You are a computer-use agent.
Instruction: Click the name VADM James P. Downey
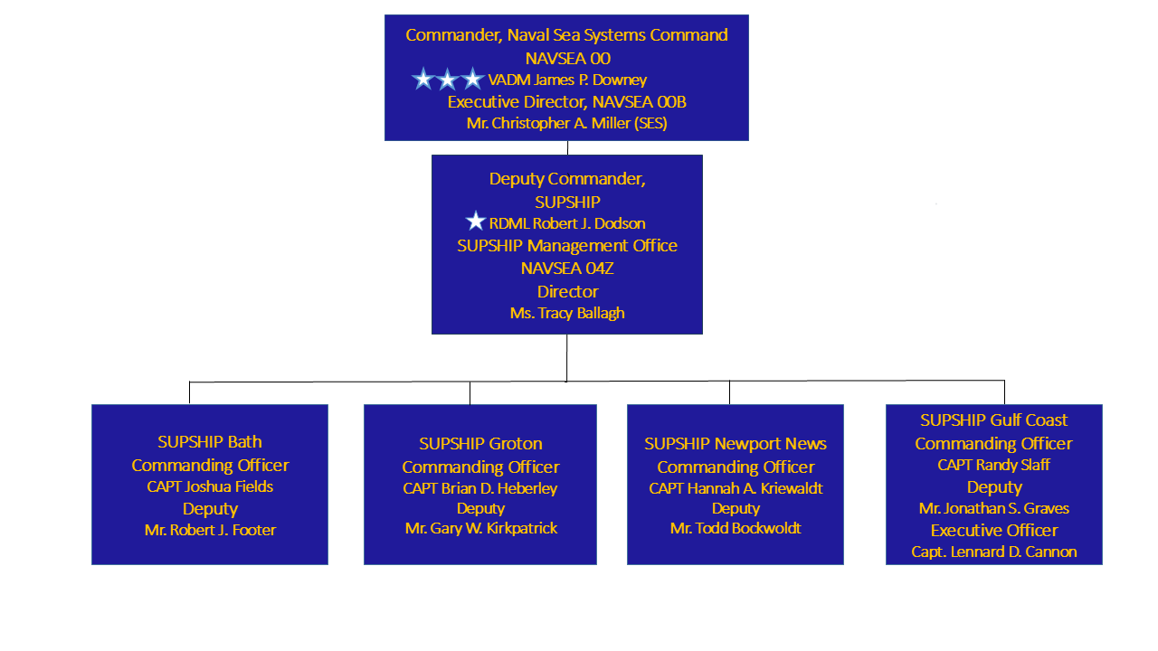click(567, 80)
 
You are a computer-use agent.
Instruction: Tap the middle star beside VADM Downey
click(448, 80)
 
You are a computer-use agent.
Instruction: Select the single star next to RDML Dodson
click(476, 222)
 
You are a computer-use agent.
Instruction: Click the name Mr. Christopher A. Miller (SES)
click(567, 123)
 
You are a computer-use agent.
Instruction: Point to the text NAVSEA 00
click(567, 58)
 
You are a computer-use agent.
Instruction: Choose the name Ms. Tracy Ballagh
click(567, 313)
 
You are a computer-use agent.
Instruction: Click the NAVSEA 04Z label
click(567, 269)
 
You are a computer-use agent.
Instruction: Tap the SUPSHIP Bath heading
click(210, 442)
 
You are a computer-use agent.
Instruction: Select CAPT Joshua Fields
click(210, 486)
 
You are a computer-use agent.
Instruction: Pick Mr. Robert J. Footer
click(210, 530)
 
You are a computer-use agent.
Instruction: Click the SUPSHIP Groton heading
click(480, 444)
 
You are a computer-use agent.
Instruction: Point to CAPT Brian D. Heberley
click(480, 488)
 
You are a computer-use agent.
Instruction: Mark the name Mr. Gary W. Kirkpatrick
click(480, 528)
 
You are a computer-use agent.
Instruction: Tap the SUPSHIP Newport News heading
click(736, 444)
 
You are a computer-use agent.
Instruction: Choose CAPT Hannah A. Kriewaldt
click(736, 488)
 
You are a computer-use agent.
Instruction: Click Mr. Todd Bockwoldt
click(736, 528)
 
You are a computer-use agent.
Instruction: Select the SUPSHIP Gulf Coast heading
click(993, 420)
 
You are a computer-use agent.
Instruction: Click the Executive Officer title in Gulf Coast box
click(993, 531)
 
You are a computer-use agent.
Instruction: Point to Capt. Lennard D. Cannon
click(993, 552)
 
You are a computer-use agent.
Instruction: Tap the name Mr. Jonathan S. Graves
click(993, 508)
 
